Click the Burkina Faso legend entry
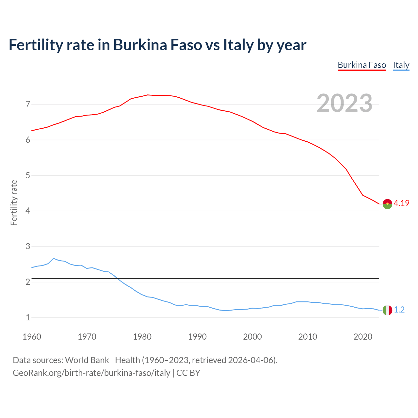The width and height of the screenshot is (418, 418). [362, 65]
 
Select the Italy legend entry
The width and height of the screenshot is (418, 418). [401, 65]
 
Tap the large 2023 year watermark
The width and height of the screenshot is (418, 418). [345, 103]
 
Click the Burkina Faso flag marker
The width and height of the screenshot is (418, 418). [387, 204]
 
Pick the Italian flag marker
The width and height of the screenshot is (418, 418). [387, 310]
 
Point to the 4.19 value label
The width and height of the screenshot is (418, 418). [401, 203]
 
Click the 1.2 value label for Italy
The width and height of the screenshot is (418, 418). [399, 310]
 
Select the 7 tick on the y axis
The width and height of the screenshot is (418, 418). [28, 104]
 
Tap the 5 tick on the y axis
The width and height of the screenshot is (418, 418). [28, 176]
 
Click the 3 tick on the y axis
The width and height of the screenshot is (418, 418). [28, 247]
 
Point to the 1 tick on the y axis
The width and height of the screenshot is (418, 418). [28, 317]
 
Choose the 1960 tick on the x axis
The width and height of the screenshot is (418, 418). [32, 337]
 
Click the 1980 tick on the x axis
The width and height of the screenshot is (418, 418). [142, 337]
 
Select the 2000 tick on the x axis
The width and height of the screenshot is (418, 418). [252, 337]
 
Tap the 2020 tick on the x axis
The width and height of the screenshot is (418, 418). [363, 337]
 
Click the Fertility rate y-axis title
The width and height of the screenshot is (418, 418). [14, 202]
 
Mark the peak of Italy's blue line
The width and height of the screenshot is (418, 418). [54, 258]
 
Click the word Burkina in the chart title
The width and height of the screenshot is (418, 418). [141, 45]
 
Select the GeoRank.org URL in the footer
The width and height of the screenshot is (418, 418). [91, 373]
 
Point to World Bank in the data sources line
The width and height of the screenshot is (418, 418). [87, 360]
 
